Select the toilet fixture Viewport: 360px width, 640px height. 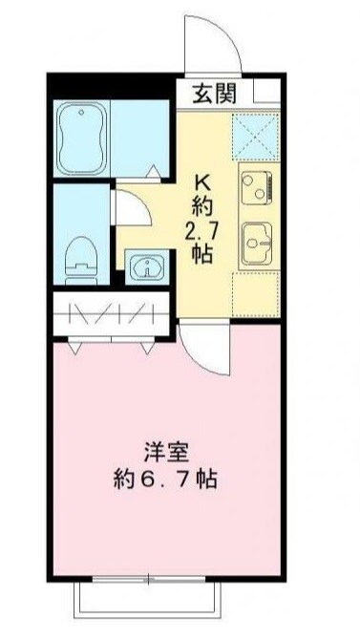tap(81, 256)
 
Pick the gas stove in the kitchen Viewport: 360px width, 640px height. tap(257, 183)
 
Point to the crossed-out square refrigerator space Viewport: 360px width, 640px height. tap(255, 132)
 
